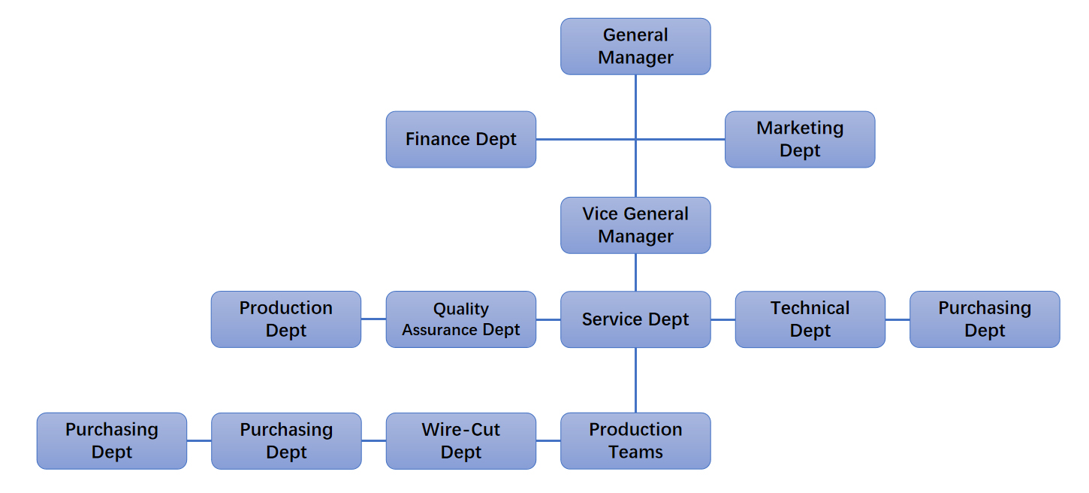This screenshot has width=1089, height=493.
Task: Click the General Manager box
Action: tap(635, 47)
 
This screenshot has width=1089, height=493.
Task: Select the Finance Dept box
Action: tap(461, 140)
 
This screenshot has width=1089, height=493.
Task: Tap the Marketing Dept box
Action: tap(800, 140)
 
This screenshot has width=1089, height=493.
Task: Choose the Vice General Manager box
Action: tap(635, 225)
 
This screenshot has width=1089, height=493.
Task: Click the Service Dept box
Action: tap(635, 319)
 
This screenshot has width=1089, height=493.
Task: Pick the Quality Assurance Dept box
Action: tap(461, 319)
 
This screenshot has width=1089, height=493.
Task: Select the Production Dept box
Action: tap(286, 319)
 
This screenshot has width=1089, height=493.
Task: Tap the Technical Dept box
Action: tap(810, 319)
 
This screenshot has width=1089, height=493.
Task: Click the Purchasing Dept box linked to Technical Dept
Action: tap(985, 319)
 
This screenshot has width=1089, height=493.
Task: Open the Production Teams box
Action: tap(635, 441)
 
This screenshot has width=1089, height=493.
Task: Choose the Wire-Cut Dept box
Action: tap(461, 441)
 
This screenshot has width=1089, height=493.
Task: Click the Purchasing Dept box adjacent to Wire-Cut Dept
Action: tap(286, 441)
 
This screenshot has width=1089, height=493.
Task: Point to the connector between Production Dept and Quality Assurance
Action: tap(373, 319)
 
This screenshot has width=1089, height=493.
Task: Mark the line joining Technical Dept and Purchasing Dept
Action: tap(897, 319)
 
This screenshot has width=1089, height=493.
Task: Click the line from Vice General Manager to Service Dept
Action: tap(635, 272)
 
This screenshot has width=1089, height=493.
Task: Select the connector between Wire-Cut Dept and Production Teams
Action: tap(548, 441)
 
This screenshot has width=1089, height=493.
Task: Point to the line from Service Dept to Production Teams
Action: tap(635, 380)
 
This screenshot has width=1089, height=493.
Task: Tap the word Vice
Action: tap(599, 214)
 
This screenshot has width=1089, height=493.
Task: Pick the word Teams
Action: tap(635, 452)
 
